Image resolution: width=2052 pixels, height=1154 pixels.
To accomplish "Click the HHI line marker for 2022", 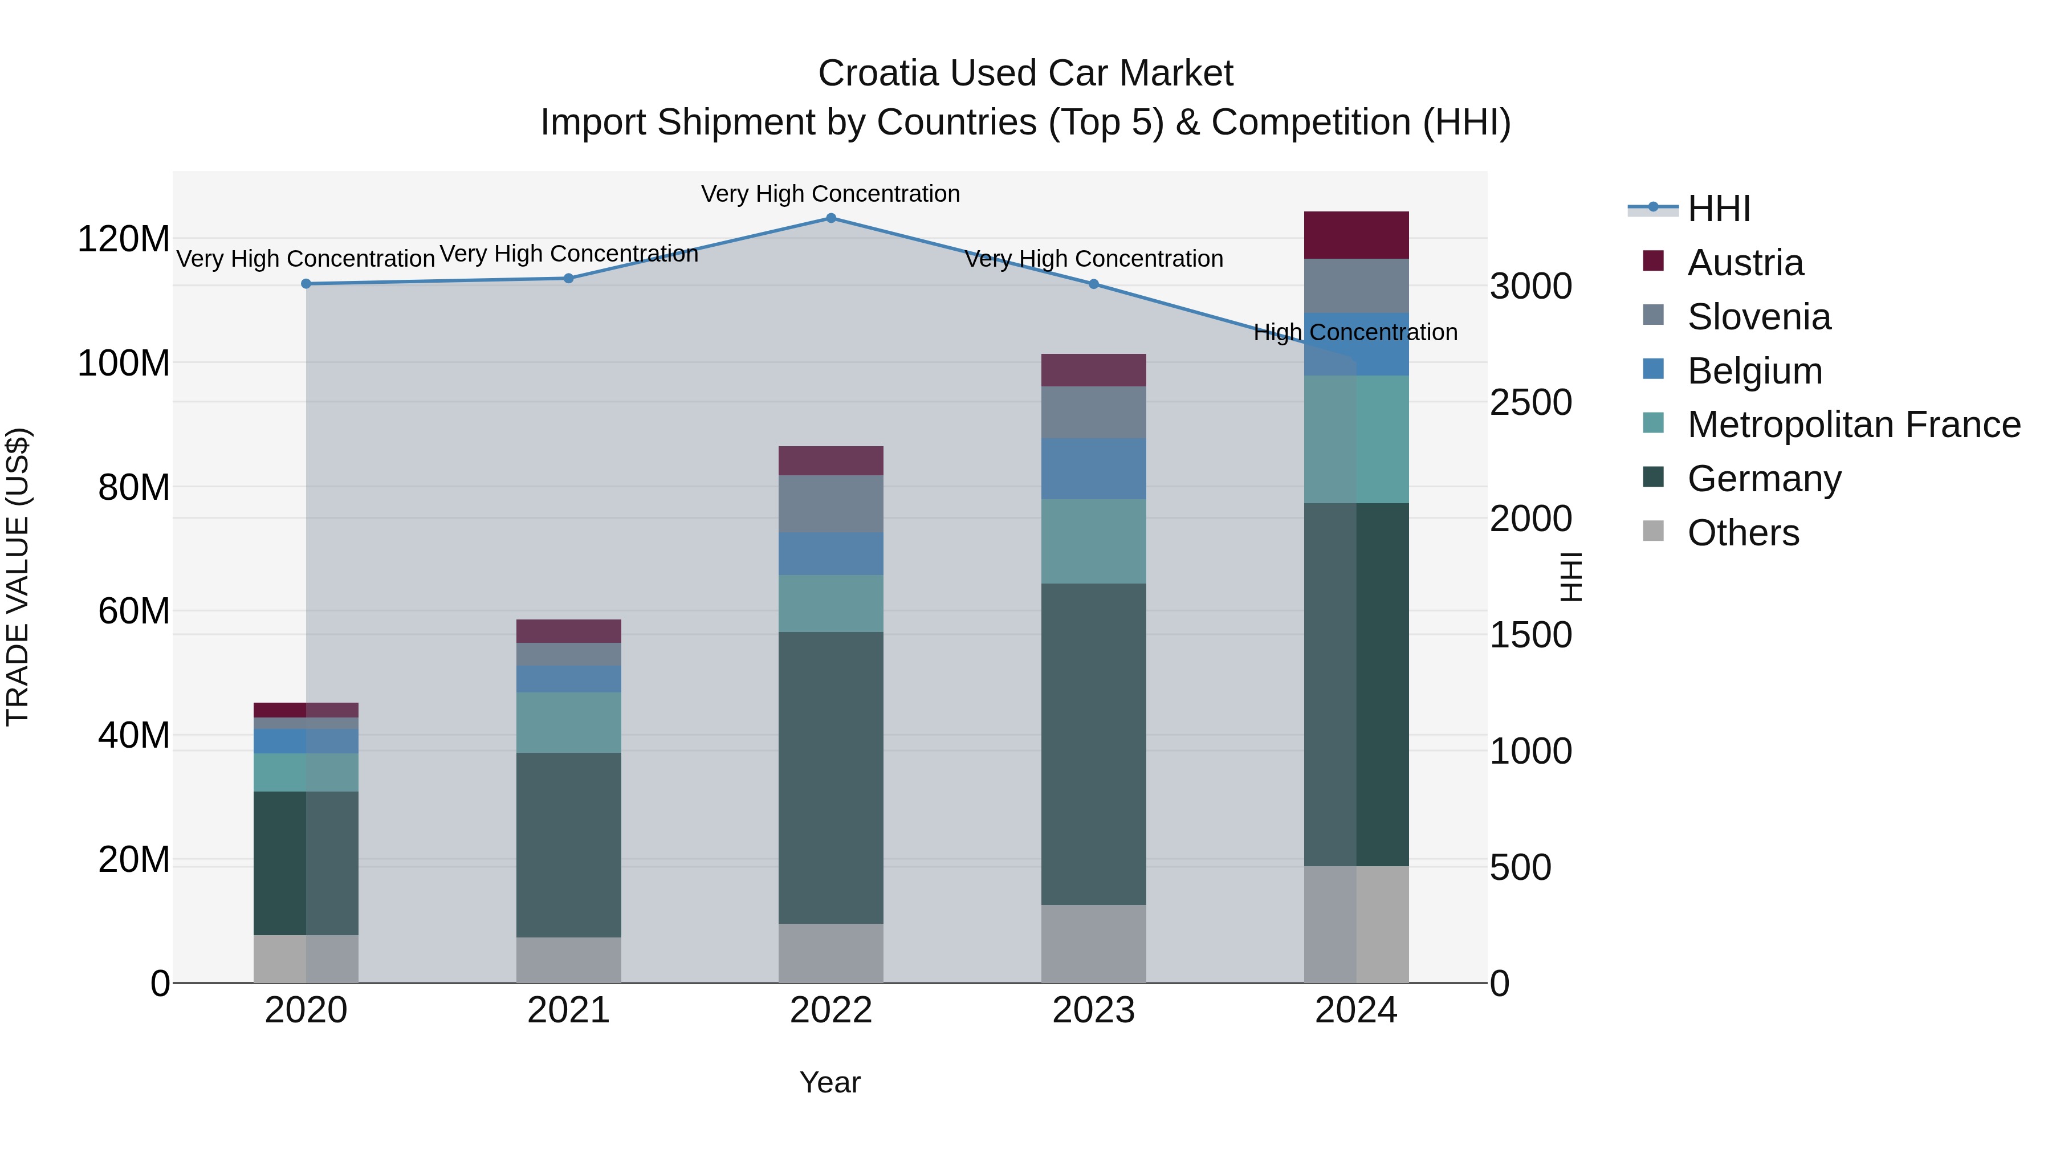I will tap(831, 218).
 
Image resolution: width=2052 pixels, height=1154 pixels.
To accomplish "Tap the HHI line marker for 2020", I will tap(306, 284).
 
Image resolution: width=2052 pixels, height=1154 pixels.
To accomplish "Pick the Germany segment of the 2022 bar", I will tap(831, 777).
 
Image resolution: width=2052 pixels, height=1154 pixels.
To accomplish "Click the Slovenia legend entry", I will tap(1759, 317).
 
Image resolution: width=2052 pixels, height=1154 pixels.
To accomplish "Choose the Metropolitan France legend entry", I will tap(1853, 425).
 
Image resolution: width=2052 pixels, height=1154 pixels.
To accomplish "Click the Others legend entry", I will tap(1743, 533).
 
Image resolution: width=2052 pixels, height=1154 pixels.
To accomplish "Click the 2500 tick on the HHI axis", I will tap(1530, 403).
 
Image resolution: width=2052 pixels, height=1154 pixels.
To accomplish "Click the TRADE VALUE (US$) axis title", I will tap(18, 577).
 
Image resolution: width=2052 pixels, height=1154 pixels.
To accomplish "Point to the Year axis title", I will tap(829, 1082).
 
